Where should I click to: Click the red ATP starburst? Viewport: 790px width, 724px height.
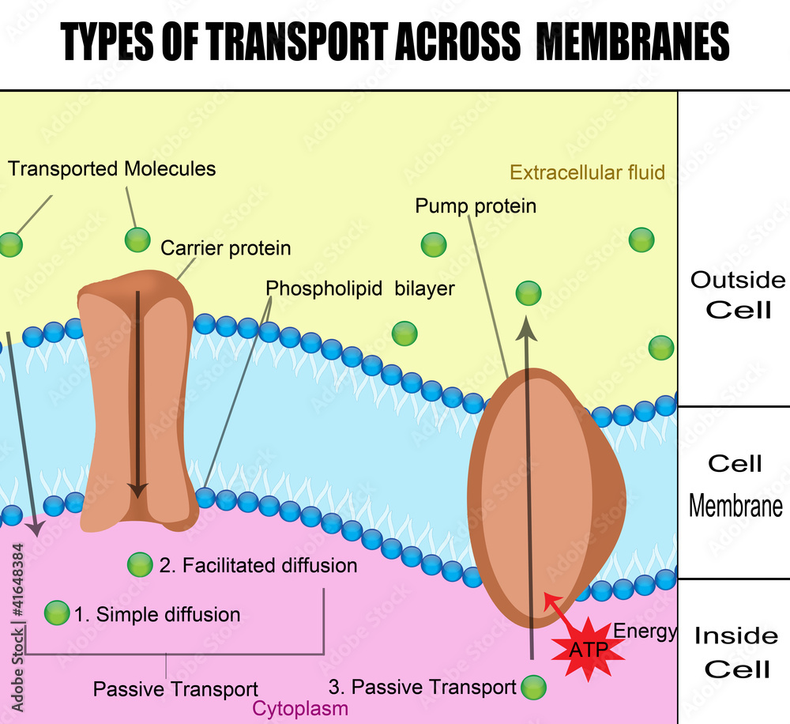(585, 648)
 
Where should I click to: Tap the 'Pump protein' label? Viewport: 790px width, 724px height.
(476, 206)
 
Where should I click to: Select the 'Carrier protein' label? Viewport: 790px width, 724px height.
(226, 248)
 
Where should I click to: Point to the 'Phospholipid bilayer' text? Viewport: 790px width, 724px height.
(360, 288)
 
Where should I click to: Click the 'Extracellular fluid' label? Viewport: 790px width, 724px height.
(587, 172)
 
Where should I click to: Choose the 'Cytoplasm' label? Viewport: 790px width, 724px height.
(300, 708)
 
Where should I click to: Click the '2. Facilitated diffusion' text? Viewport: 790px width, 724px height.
(258, 566)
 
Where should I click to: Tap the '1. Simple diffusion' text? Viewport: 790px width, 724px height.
(156, 614)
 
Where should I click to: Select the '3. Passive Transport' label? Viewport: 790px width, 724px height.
(422, 687)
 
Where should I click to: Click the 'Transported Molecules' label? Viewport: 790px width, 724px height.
(111, 168)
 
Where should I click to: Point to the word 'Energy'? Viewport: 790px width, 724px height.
(645, 631)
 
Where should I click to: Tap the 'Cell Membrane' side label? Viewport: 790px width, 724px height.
(735, 484)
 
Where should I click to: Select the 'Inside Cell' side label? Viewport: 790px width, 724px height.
(736, 652)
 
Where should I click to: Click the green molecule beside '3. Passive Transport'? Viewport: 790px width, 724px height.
(534, 687)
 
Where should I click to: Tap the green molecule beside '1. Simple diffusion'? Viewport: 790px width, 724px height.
(57, 613)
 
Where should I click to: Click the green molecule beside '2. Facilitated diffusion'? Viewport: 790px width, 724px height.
(140, 564)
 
